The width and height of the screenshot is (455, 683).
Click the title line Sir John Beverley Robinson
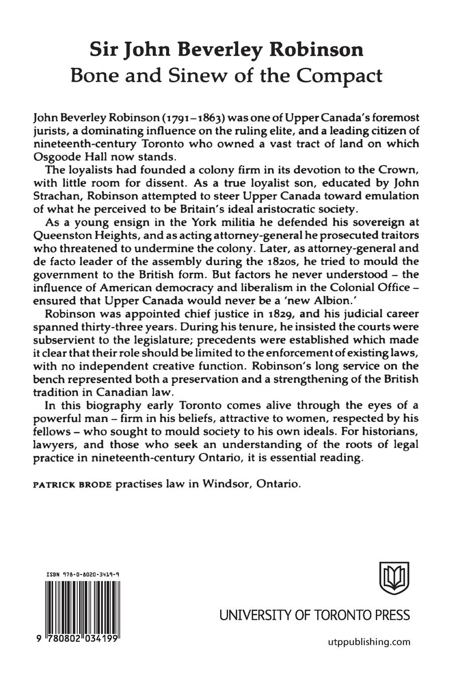point(227,50)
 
